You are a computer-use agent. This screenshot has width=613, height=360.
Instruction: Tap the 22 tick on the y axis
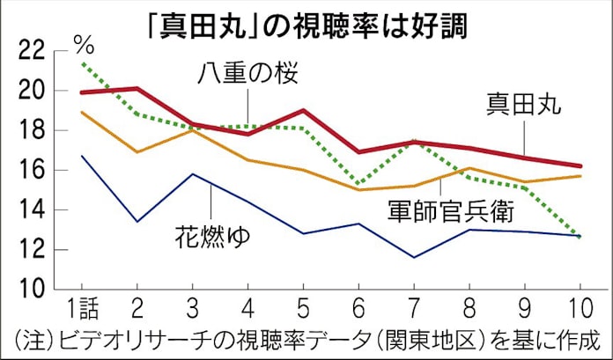pyautogui.click(x=31, y=51)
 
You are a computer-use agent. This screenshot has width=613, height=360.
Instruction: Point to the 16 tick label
pyautogui.click(x=31, y=171)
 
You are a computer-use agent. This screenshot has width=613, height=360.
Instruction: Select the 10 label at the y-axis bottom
pyautogui.click(x=31, y=290)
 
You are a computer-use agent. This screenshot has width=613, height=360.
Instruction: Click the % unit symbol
pyautogui.click(x=85, y=41)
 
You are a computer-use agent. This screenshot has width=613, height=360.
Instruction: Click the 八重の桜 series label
pyautogui.click(x=248, y=73)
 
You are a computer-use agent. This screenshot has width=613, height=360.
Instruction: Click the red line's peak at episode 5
pyautogui.click(x=302, y=111)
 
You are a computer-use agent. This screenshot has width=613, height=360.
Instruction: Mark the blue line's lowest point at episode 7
pyautogui.click(x=413, y=257)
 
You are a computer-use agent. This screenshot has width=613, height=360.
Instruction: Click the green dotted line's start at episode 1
pyautogui.click(x=82, y=63)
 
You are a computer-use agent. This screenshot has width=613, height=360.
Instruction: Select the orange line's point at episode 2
pyautogui.click(x=137, y=152)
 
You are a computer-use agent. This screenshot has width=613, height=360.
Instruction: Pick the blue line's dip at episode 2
pyautogui.click(x=137, y=221)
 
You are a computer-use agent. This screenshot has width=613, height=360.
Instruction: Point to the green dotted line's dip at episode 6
pyautogui.click(x=358, y=183)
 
